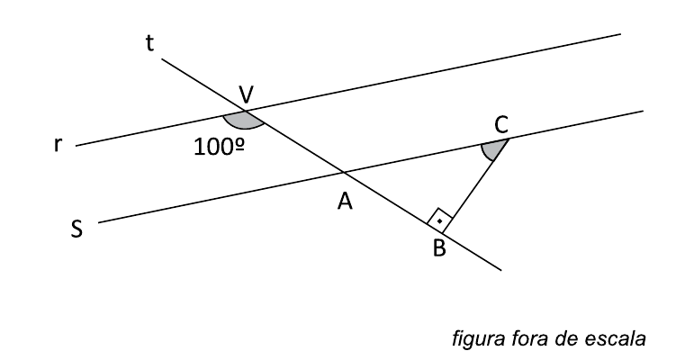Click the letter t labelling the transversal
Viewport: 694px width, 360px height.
click(150, 42)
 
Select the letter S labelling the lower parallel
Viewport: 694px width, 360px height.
click(77, 229)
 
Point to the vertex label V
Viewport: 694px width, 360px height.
click(247, 94)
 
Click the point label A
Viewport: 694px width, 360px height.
click(344, 204)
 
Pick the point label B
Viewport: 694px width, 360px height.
click(439, 248)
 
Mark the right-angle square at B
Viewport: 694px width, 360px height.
click(439, 219)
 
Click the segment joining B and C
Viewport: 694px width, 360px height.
click(478, 184)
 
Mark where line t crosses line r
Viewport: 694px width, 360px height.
click(245, 113)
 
